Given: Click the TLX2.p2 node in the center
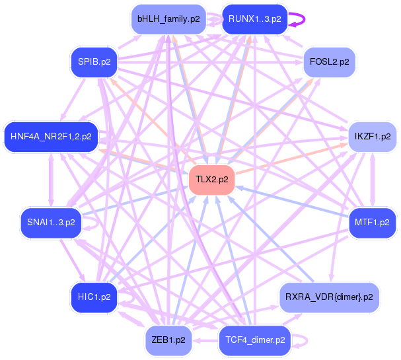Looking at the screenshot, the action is [212, 180].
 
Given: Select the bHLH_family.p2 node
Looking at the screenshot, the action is [168, 19].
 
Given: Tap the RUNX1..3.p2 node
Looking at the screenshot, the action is [255, 19].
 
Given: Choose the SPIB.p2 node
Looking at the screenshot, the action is [94, 62].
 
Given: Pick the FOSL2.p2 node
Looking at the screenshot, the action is [330, 62].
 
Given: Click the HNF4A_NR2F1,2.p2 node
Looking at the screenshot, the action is [51, 137].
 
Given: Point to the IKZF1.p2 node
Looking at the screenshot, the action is [373, 137].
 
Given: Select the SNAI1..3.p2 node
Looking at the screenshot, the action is [51, 223].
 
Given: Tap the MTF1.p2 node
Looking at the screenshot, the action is [372, 223].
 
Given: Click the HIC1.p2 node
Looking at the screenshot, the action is [94, 297].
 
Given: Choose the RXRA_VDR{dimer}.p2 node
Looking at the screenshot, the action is [329, 297].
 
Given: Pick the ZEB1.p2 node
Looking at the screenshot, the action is [168, 340].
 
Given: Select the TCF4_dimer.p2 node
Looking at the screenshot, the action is [255, 340].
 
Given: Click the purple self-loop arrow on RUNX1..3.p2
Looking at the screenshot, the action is [305, 19].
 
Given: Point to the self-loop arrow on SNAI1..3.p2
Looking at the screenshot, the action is [97, 223].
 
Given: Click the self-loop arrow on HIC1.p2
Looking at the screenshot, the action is [133, 297].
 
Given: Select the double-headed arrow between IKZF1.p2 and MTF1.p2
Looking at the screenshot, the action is [373, 180].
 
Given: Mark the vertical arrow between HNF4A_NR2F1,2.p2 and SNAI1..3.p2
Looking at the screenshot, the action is [51, 180].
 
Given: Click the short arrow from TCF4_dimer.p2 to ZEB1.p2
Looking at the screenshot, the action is [205, 341].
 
